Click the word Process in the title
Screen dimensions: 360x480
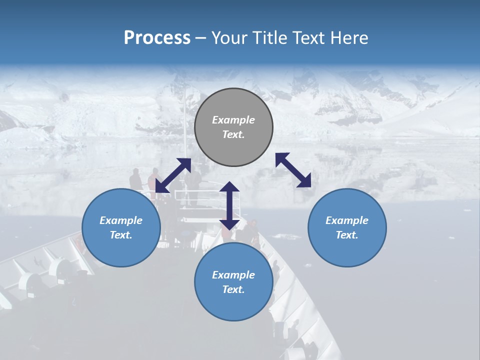click(x=157, y=38)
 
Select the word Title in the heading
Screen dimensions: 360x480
click(x=270, y=38)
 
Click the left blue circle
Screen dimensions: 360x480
click(x=121, y=227)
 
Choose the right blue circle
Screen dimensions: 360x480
click(x=347, y=227)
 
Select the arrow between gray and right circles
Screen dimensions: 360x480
click(x=293, y=170)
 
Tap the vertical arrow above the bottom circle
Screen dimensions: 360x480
click(x=229, y=205)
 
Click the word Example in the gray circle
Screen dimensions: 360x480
click(x=233, y=120)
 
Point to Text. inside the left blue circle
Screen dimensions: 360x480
click(x=121, y=235)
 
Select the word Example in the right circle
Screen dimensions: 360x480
click(x=347, y=220)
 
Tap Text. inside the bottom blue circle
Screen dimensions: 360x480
click(x=233, y=289)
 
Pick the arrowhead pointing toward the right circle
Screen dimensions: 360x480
click(x=304, y=181)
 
